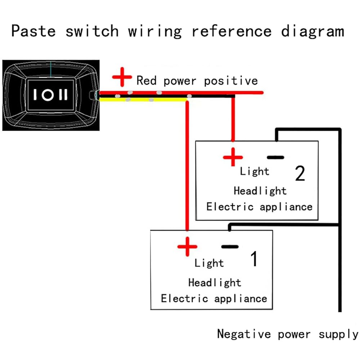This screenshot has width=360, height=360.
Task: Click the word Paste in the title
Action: tap(33, 31)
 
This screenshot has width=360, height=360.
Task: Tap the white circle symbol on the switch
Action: tap(48, 95)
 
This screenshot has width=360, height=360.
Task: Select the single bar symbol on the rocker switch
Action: tap(35, 95)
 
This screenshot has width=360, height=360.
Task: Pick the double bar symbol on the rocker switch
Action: tap(63, 95)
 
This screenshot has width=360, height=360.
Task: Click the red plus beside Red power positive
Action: tap(122, 77)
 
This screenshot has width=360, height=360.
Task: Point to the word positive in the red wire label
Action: tap(231, 81)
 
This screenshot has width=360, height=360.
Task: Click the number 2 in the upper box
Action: tap(300, 173)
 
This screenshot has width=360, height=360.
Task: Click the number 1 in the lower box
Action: tap(254, 258)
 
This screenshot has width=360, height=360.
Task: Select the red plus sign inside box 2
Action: tap(233, 157)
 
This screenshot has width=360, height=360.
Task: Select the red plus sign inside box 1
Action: tap(187, 247)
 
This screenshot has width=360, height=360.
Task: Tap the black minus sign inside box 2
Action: tap(275, 157)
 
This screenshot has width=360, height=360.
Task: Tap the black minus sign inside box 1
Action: tap(230, 247)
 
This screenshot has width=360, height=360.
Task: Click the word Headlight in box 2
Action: tap(260, 191)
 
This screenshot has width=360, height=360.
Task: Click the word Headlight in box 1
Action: tap(215, 282)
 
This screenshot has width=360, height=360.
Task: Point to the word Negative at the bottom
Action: tap(244, 334)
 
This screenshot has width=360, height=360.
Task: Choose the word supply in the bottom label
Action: tap(338, 334)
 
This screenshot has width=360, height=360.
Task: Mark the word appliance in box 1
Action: tap(240, 299)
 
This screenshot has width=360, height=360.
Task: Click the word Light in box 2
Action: tap(255, 171)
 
